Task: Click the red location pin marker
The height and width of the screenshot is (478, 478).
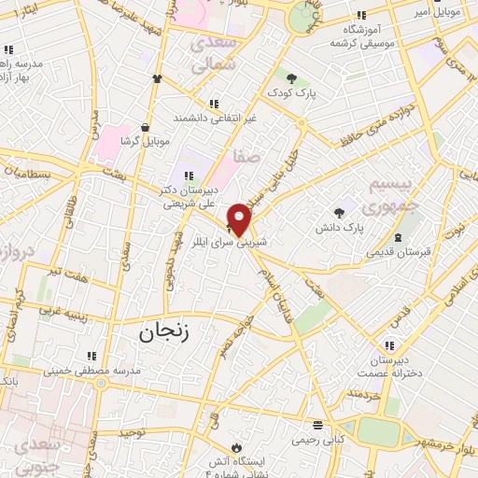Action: (x=240, y=220)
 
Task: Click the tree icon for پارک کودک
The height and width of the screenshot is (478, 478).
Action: (x=292, y=78)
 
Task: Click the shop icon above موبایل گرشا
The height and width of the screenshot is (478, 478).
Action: (x=145, y=126)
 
